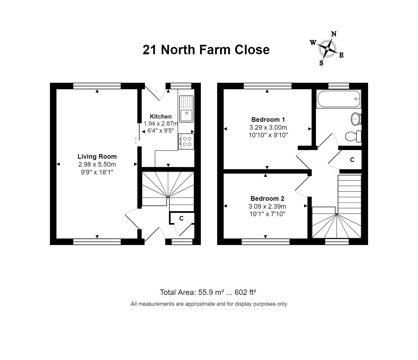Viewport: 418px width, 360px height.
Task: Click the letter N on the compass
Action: (x=334, y=34)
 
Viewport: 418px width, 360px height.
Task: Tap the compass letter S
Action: (x=321, y=63)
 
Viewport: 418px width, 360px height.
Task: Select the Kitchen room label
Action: (x=161, y=116)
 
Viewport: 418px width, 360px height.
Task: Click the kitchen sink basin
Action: (x=186, y=115)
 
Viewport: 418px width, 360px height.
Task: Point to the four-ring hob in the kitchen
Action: (x=186, y=142)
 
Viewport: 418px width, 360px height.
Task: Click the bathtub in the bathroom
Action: (x=338, y=99)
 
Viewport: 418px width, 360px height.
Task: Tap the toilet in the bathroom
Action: (x=353, y=136)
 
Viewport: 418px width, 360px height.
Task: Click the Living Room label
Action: (x=97, y=157)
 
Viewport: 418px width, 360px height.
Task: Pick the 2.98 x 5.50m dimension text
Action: (x=97, y=164)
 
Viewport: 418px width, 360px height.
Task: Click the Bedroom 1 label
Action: (x=268, y=120)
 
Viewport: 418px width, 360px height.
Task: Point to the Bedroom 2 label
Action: (x=267, y=199)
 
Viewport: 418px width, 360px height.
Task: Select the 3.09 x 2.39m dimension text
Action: (x=267, y=206)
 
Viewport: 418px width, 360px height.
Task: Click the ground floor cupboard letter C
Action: (x=181, y=218)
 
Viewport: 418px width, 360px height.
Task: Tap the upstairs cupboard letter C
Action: (x=352, y=160)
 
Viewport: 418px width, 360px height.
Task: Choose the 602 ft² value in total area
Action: (x=245, y=292)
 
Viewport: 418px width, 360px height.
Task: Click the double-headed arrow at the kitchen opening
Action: (x=136, y=141)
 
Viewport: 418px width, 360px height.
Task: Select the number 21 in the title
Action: (x=150, y=50)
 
